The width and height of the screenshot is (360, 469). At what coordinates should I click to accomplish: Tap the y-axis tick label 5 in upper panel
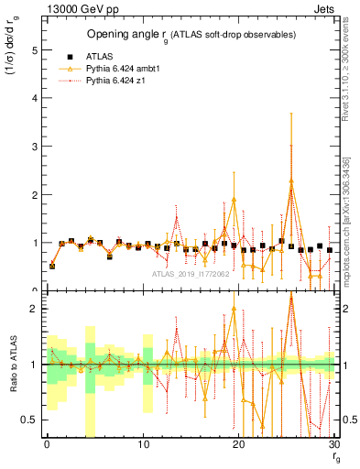(x=34, y=51)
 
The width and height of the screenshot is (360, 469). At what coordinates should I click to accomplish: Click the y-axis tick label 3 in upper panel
(x=34, y=147)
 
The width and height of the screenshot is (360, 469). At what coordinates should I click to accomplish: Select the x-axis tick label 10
(x=143, y=445)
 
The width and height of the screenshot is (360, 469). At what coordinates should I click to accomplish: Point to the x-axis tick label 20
(x=239, y=445)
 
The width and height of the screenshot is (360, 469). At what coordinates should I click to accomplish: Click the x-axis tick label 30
(x=334, y=445)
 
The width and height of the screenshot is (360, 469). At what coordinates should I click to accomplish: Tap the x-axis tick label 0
(x=47, y=445)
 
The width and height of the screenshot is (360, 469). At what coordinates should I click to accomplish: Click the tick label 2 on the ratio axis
(x=34, y=309)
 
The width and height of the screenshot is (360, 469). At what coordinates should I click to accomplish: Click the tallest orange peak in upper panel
(x=291, y=180)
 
